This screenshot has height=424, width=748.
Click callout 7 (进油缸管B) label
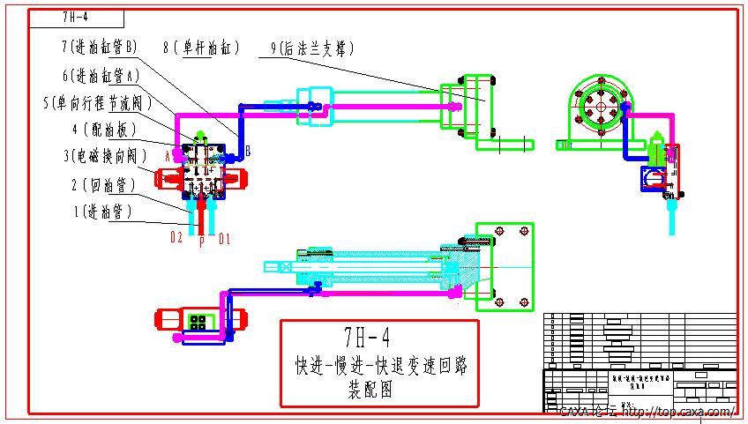(x=100, y=45)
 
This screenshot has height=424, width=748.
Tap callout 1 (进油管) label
(x=103, y=212)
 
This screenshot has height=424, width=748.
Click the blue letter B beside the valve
(x=248, y=152)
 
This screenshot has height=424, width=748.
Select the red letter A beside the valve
(x=167, y=155)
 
